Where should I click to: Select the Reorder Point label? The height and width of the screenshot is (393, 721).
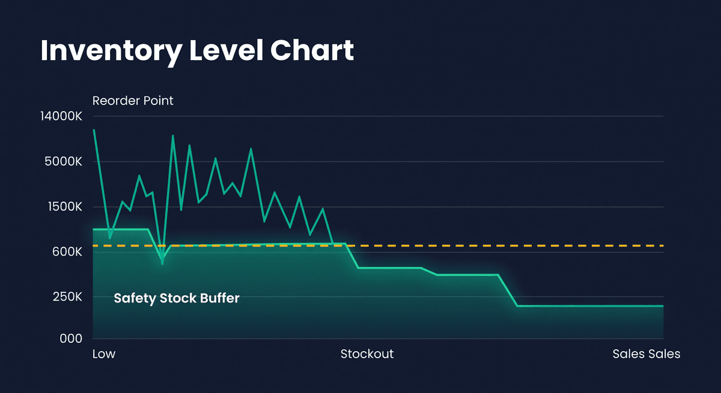(133, 101)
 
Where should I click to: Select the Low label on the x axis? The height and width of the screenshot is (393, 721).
(104, 354)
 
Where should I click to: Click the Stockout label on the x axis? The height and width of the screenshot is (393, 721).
(367, 354)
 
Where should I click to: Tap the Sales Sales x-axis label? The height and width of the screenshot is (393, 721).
(646, 354)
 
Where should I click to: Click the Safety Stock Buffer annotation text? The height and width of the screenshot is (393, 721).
(177, 298)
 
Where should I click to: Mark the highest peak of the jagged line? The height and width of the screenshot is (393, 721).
(172, 136)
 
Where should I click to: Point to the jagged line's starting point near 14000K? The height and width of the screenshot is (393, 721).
(94, 130)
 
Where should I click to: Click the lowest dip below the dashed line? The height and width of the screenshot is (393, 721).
(162, 263)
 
